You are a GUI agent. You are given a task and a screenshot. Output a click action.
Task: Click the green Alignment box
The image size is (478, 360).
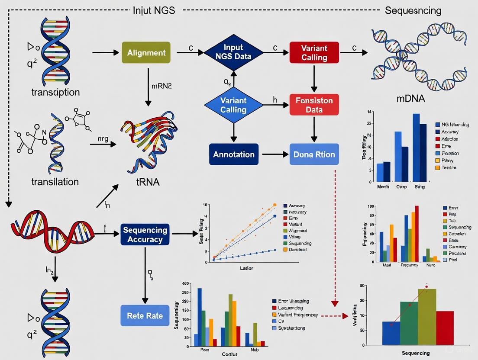(x=146, y=53)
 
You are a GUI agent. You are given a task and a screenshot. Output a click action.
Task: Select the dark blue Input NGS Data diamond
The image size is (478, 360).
(x=233, y=52)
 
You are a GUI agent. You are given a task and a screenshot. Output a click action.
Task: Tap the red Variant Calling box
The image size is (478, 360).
(x=314, y=53)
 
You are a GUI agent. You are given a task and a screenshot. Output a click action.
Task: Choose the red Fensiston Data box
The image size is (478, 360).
(x=314, y=105)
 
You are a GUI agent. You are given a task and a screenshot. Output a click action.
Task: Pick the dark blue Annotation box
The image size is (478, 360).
(x=234, y=154)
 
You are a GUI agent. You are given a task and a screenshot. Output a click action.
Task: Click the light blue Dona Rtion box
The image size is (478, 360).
(x=314, y=154)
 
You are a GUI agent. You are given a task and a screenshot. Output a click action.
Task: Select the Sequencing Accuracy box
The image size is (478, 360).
(x=145, y=235)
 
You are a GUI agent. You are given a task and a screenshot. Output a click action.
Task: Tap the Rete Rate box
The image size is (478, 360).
(x=145, y=315)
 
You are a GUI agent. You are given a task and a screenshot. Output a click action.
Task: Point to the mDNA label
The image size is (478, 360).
(x=410, y=99)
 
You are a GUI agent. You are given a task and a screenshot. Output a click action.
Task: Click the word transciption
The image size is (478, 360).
(x=55, y=92)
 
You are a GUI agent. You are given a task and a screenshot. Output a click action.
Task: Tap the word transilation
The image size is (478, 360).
(x=55, y=182)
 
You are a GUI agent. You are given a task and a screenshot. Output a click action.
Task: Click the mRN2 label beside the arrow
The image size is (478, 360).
(x=162, y=86)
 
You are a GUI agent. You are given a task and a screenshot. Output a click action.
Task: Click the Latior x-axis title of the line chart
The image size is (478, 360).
(x=246, y=268)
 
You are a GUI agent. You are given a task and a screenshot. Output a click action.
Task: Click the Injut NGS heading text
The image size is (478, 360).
(x=154, y=10)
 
